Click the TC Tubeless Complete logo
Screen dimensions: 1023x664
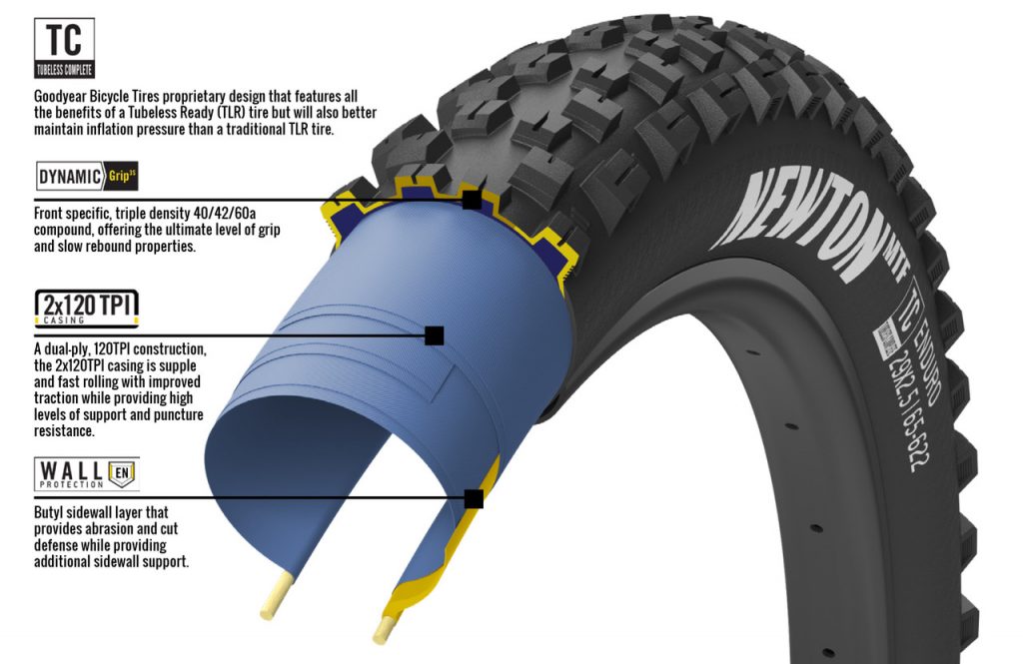pyautogui.click(x=64, y=48)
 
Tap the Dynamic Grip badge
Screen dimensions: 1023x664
pyautogui.click(x=87, y=176)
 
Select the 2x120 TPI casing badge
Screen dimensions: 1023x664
pyautogui.click(x=86, y=308)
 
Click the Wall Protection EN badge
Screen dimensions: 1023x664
pyautogui.click(x=87, y=474)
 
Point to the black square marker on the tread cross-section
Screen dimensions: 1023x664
pyautogui.click(x=472, y=200)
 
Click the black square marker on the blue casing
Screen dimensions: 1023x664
pyautogui.click(x=434, y=335)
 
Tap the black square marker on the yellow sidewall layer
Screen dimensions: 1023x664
pyautogui.click(x=474, y=499)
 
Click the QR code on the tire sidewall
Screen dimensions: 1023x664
pyautogui.click(x=887, y=340)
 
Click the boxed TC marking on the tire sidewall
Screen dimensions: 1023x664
pyautogui.click(x=909, y=296)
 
